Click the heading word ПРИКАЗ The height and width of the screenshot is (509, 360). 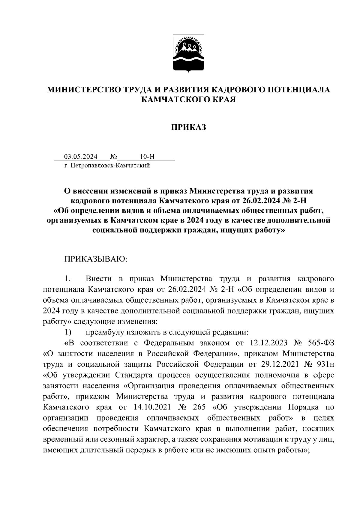tap(189, 127)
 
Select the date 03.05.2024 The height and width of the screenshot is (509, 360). tap(81, 157)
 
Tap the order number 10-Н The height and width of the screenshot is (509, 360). tap(147, 157)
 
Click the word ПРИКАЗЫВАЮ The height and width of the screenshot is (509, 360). tap(96, 259)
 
